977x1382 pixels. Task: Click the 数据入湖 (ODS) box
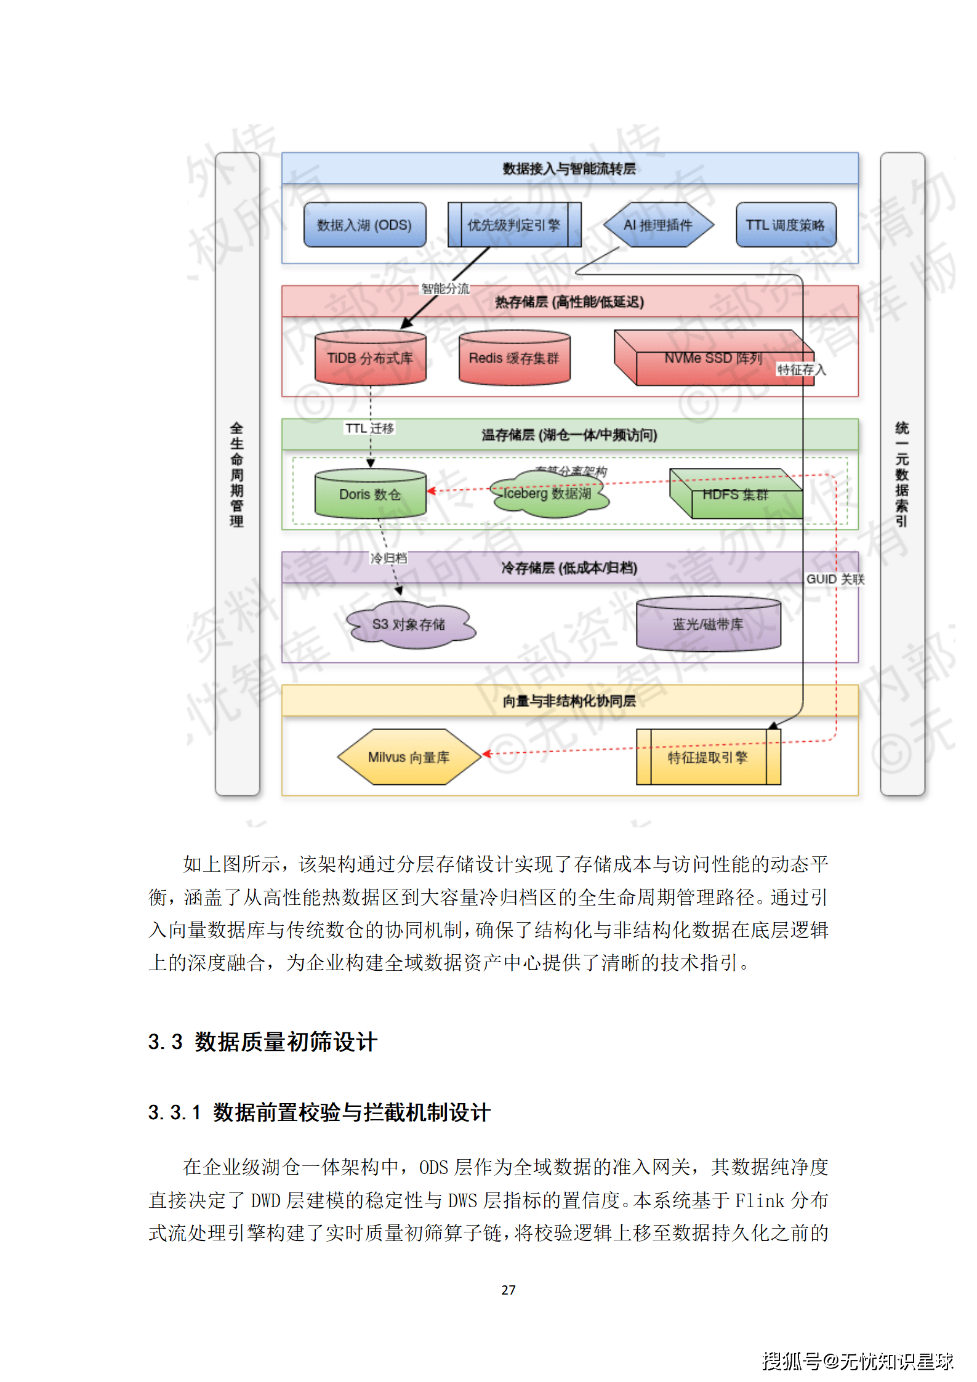pos(364,225)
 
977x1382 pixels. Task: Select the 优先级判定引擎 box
pos(514,225)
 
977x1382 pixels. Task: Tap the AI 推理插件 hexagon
pos(658,225)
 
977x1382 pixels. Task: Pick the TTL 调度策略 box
pos(786,225)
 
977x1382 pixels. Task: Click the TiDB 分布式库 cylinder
pos(370,358)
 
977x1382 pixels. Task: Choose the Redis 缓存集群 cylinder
pos(514,358)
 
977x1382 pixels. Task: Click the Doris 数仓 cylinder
pos(370,494)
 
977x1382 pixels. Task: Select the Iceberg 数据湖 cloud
pos(547,494)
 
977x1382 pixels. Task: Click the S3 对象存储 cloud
pos(409,625)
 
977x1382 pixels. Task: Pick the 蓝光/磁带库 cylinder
pos(708,625)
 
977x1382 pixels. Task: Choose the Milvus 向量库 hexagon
pos(409,757)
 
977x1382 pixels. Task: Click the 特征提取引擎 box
pos(708,757)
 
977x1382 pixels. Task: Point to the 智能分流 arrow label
pos(445,289)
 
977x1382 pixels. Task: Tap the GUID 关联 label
pos(835,579)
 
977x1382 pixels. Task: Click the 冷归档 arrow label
pos(388,558)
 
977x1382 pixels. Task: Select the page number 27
pos(509,1290)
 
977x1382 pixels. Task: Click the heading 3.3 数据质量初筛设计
pos(262,1042)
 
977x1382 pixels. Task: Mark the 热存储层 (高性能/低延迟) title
pos(569,302)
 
